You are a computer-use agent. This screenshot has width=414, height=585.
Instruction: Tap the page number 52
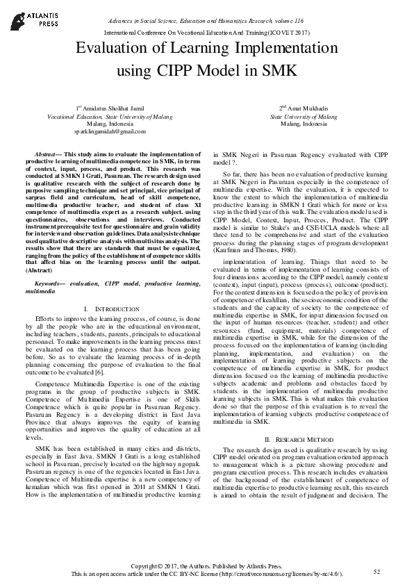(x=377, y=571)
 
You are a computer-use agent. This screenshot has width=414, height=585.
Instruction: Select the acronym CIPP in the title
(x=183, y=70)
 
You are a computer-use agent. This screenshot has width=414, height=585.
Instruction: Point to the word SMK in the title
(x=279, y=70)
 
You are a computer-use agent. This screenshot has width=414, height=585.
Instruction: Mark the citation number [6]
(x=122, y=372)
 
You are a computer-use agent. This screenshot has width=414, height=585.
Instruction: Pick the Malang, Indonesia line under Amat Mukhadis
(x=304, y=124)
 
